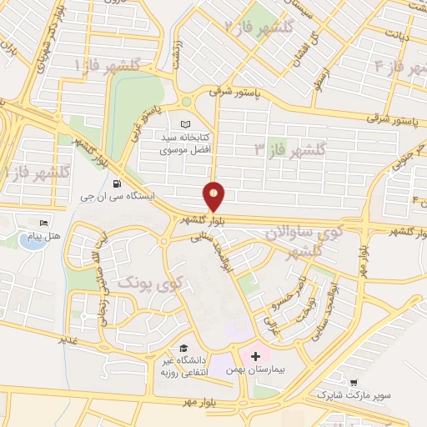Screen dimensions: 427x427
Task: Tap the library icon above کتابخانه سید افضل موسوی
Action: [x=185, y=123]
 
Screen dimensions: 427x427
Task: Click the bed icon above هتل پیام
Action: [x=43, y=224]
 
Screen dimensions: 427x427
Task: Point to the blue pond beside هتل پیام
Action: [x=31, y=241]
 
